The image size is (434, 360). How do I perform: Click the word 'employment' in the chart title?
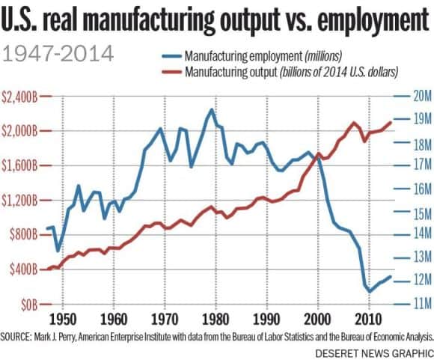click(x=358, y=20)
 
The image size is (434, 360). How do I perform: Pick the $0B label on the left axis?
click(x=28, y=305)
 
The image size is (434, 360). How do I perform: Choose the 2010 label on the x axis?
click(x=368, y=317)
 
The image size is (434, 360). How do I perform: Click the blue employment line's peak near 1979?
click(x=212, y=110)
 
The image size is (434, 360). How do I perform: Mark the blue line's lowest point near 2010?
click(x=369, y=291)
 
